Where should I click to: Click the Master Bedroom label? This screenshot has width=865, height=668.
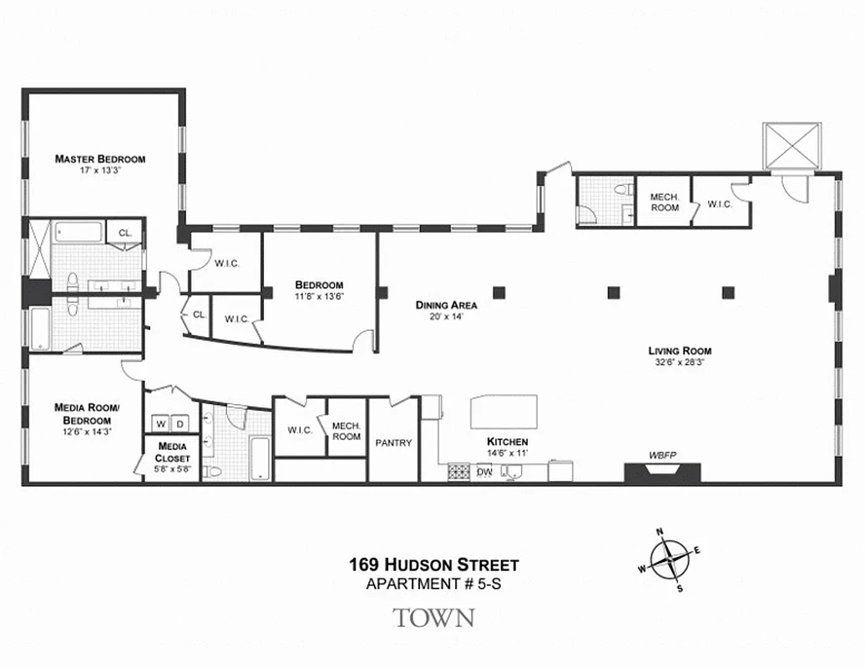(x=100, y=159)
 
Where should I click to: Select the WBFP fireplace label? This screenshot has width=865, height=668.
(x=662, y=455)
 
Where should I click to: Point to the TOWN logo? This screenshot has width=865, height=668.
(x=433, y=619)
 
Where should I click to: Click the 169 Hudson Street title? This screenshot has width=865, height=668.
(x=433, y=565)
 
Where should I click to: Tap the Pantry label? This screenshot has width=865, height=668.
(x=392, y=443)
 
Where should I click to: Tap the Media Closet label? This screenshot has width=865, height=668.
(x=174, y=453)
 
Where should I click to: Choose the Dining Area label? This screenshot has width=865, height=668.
(x=446, y=305)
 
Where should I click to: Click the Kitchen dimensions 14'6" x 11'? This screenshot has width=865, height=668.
(x=508, y=452)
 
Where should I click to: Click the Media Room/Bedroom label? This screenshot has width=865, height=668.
(x=87, y=413)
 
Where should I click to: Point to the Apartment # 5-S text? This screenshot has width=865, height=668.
(x=433, y=584)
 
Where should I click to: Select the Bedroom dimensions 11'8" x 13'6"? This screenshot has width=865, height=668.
(x=319, y=296)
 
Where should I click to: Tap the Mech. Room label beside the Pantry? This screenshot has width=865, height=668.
(x=347, y=431)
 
